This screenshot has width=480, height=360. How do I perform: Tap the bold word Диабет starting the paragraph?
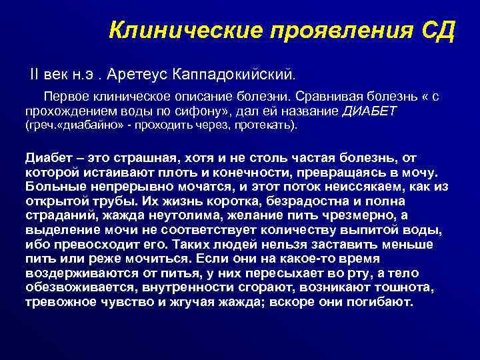point(47,158)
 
